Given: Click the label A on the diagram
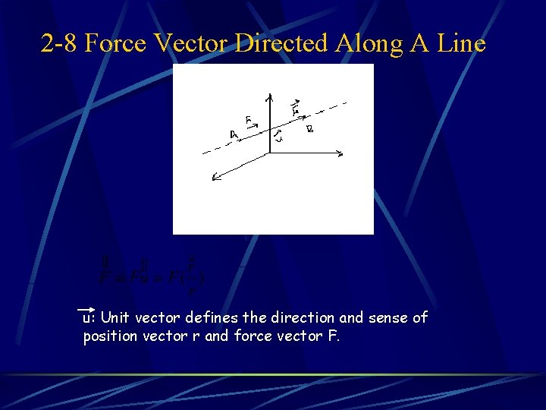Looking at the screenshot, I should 234,135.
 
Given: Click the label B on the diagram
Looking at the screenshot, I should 309,130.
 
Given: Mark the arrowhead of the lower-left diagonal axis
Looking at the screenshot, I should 215,179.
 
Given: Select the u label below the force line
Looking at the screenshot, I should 279,137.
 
